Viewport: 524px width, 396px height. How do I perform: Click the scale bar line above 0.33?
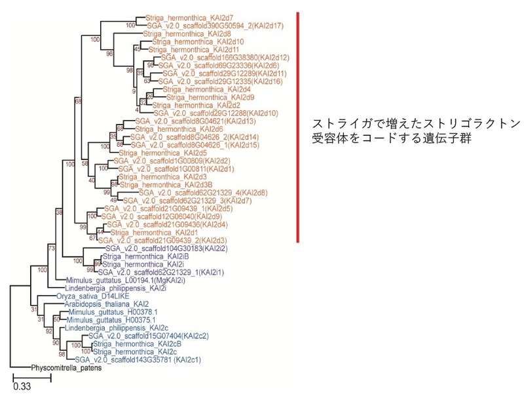(32, 377)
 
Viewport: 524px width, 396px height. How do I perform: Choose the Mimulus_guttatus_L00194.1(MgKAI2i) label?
(125, 280)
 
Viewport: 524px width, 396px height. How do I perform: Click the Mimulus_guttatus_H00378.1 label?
(105, 311)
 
